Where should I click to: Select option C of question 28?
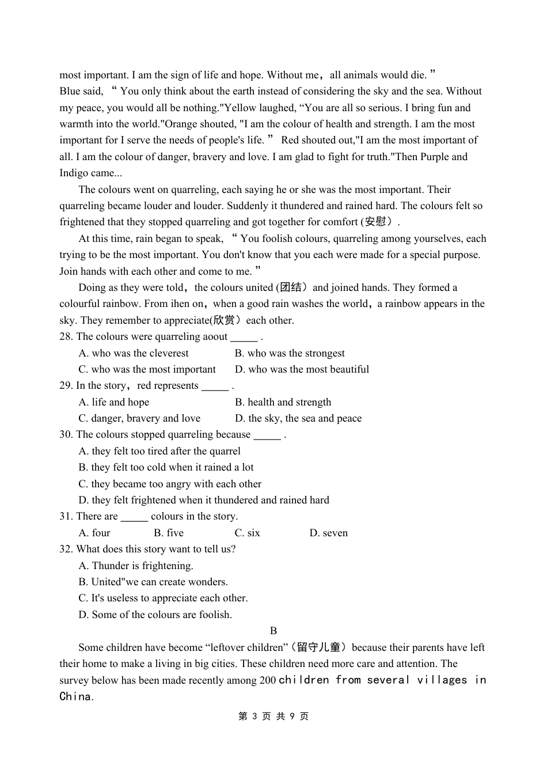click(x=147, y=370)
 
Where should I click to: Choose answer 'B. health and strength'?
click(x=283, y=403)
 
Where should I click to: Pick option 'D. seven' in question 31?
click(x=328, y=533)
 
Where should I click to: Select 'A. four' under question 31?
click(x=94, y=533)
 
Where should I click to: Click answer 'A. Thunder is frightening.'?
click(x=136, y=566)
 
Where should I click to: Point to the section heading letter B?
click(x=273, y=631)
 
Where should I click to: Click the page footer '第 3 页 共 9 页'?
click(x=273, y=717)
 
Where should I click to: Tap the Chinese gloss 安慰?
click(x=375, y=222)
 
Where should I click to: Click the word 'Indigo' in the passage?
click(x=74, y=173)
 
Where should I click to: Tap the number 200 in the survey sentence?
click(x=267, y=681)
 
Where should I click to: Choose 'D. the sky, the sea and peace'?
click(x=298, y=419)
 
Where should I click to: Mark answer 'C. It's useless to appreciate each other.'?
click(x=163, y=598)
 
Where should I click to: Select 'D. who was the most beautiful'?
click(x=302, y=370)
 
